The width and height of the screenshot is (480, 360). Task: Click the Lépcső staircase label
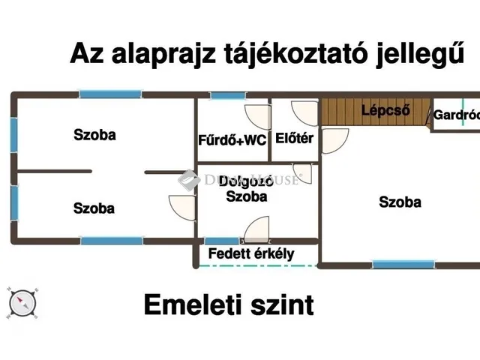tap(385, 110)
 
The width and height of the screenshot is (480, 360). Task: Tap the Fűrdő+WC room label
tap(232, 140)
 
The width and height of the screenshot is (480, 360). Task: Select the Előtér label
tap(294, 138)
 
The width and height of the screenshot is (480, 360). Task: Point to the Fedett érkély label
tap(251, 253)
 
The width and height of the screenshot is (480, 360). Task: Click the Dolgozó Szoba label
tap(247, 189)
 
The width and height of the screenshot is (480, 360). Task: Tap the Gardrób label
tap(457, 115)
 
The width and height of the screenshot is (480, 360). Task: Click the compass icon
tap(22, 303)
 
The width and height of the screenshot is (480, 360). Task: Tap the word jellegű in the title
tap(420, 55)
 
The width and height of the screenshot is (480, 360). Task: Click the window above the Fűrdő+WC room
tap(228, 95)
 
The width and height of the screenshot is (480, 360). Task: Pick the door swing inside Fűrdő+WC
tap(258, 117)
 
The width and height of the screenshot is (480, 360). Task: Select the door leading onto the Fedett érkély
tap(256, 229)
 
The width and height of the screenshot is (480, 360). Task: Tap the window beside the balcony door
tap(222, 241)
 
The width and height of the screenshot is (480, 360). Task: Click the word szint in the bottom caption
tap(282, 304)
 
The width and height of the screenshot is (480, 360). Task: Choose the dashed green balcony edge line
tap(258, 265)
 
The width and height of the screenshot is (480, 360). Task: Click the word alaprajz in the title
tap(164, 55)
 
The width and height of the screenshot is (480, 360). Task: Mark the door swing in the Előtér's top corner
tap(304, 113)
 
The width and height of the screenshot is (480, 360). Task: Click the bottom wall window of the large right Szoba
tap(403, 264)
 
